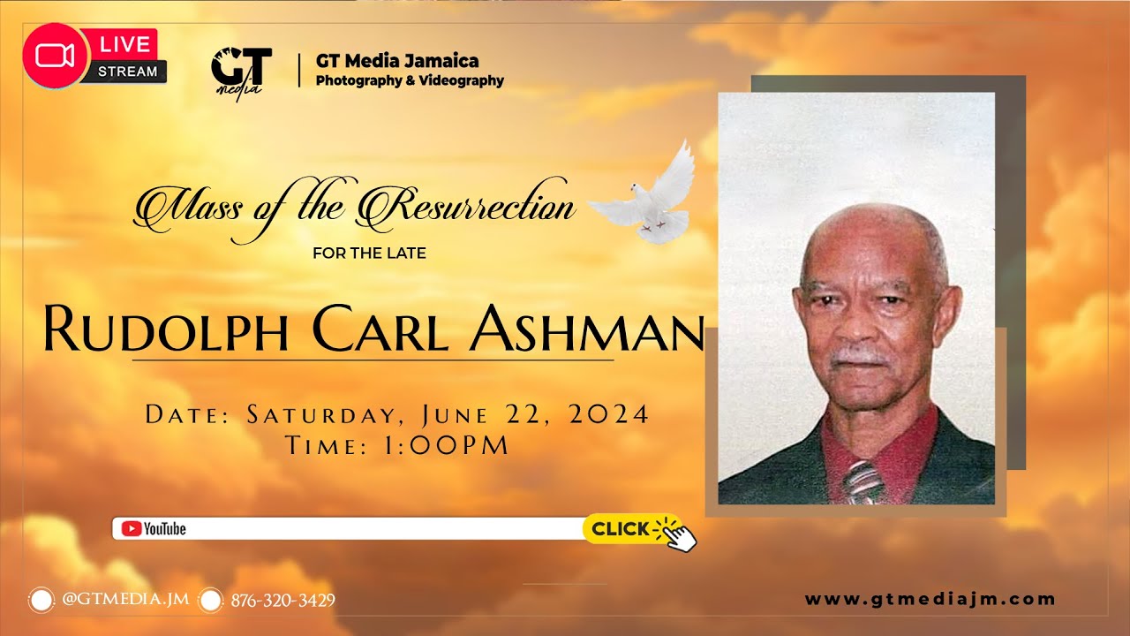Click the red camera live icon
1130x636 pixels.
pyautogui.click(x=55, y=56)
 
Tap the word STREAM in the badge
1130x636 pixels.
pyautogui.click(x=127, y=72)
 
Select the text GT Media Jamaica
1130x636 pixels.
pyautogui.click(x=397, y=61)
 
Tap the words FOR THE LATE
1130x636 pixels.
pyautogui.click(x=369, y=254)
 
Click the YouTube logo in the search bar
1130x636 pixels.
pyautogui.click(x=154, y=529)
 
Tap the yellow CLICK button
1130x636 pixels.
pyautogui.click(x=621, y=529)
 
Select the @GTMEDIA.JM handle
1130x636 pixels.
pyautogui.click(x=125, y=599)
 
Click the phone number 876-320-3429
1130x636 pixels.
pyautogui.click(x=282, y=601)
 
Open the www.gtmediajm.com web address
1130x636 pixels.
pyautogui.click(x=930, y=599)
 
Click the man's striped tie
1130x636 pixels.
pyautogui.click(x=862, y=481)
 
